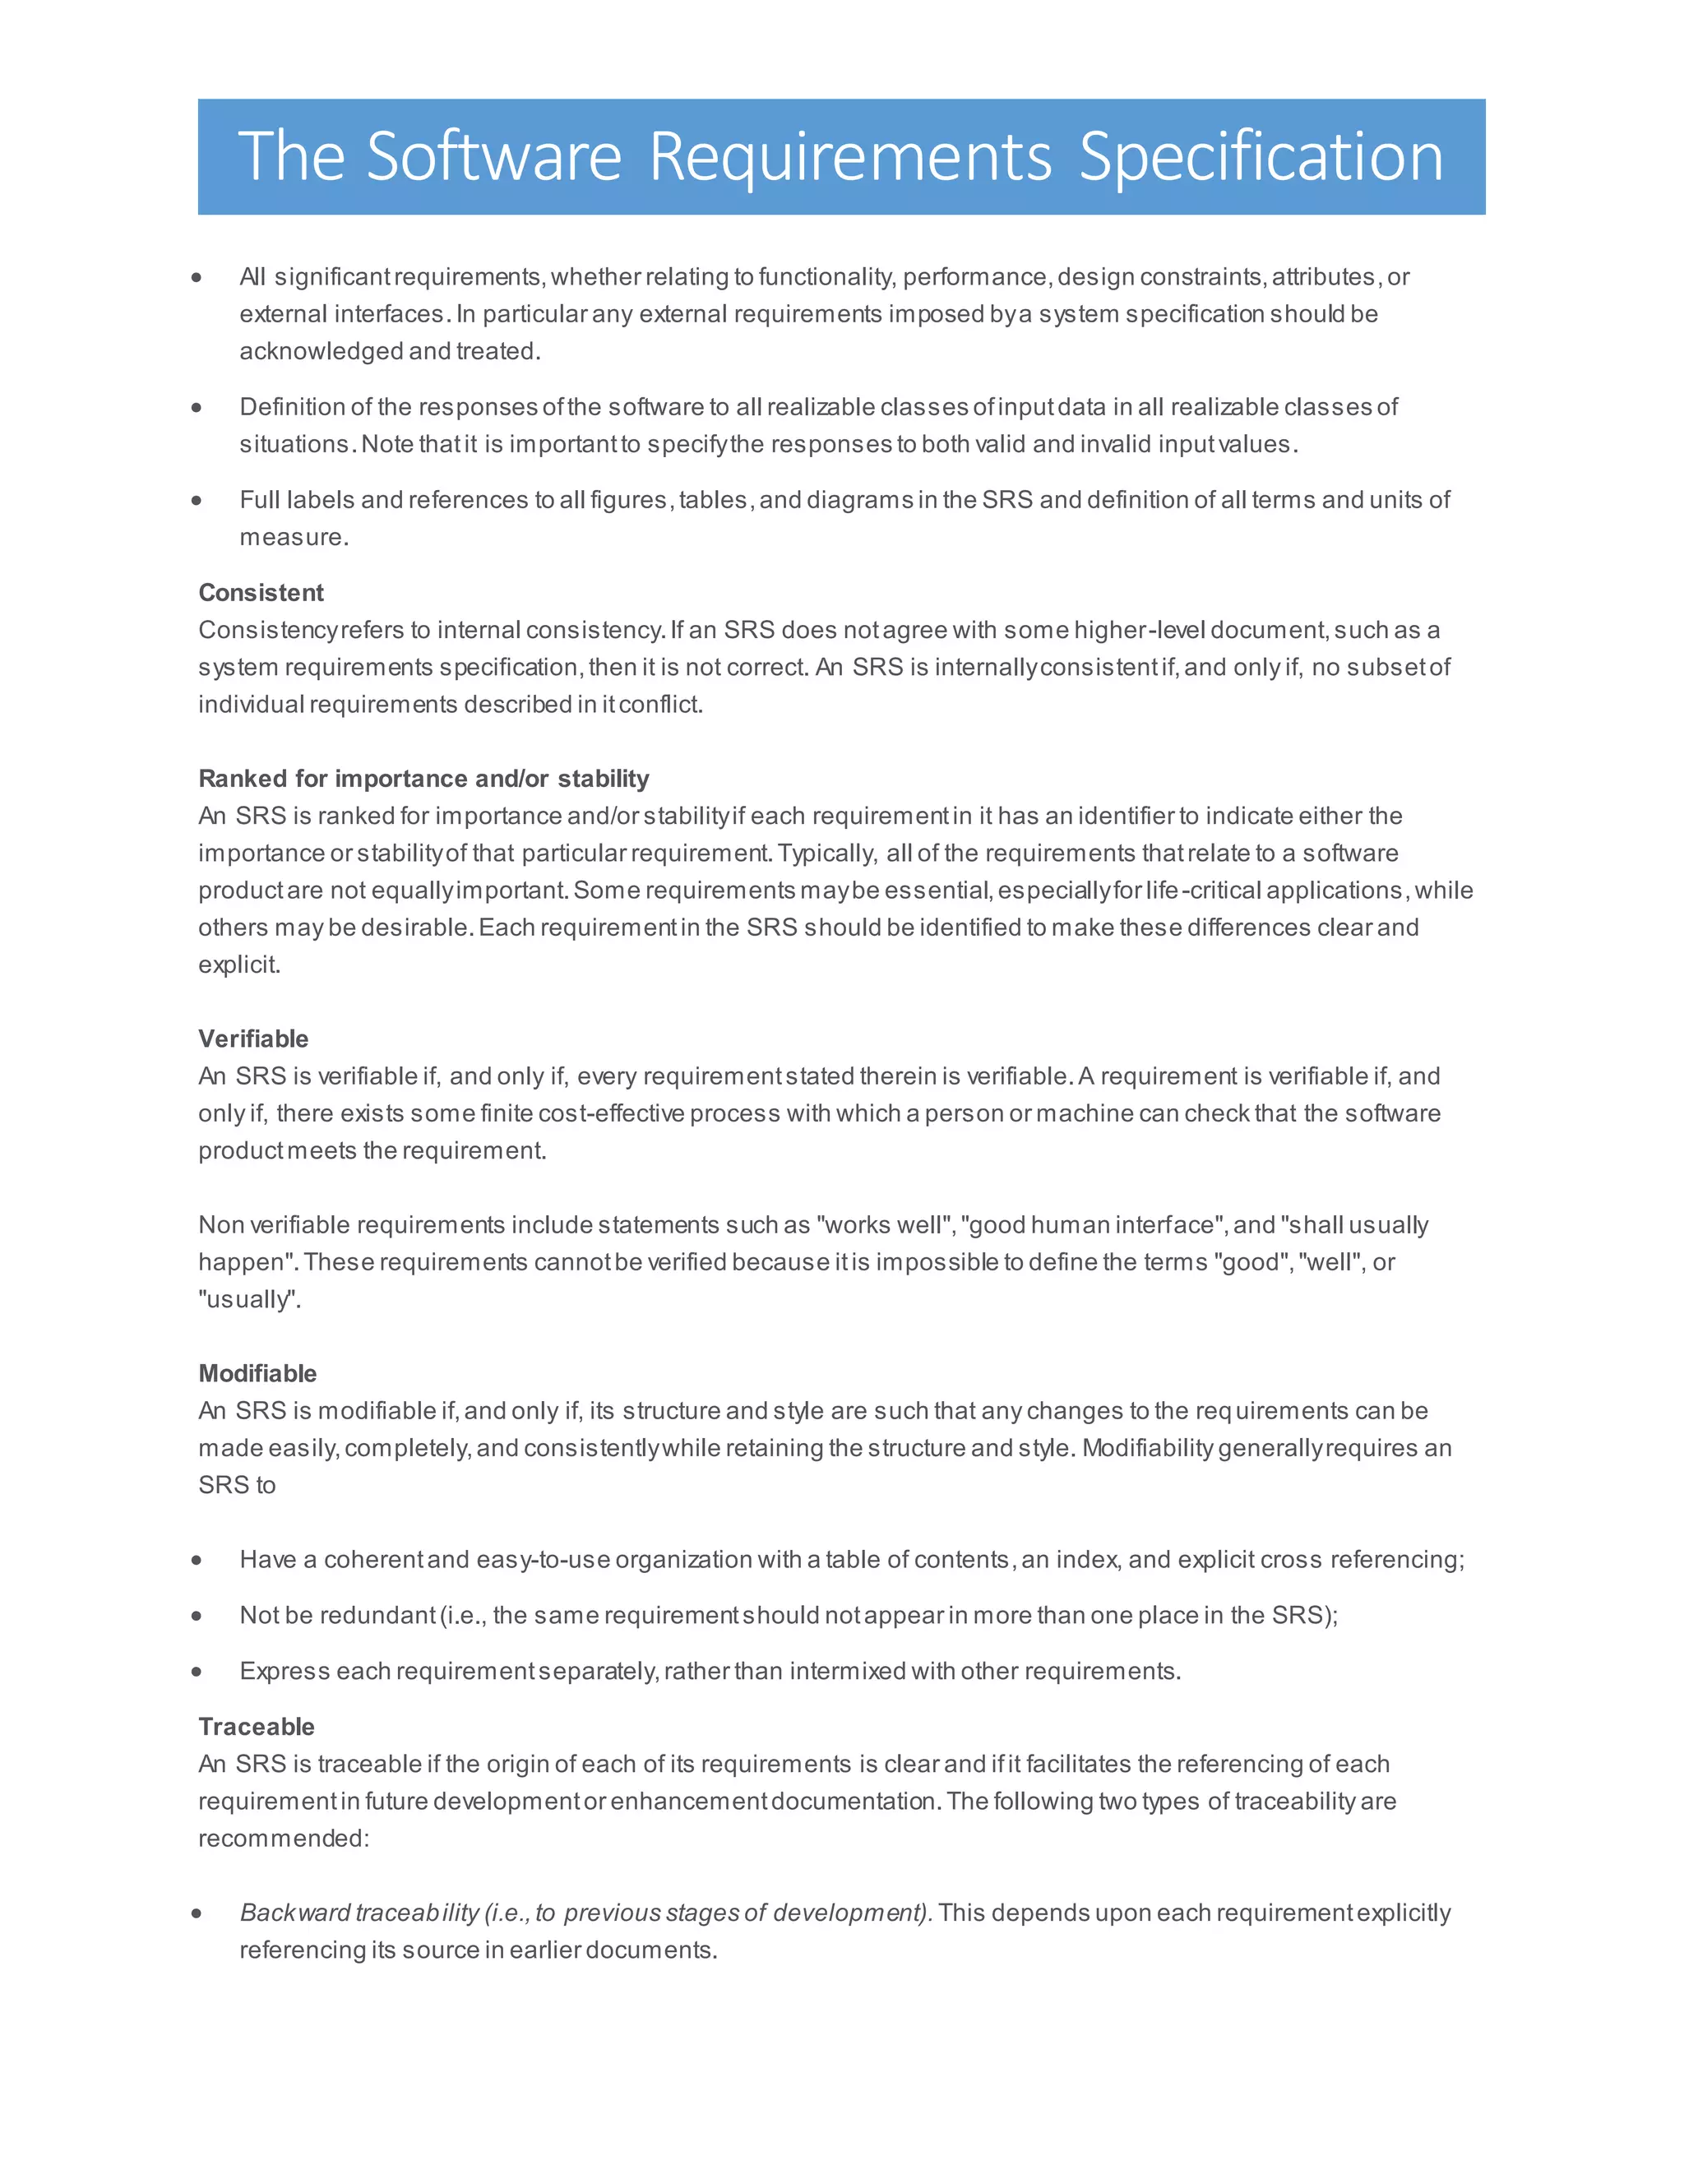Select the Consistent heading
pyautogui.click(x=261, y=593)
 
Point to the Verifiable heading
pyautogui.click(x=253, y=1039)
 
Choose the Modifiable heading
pyautogui.click(x=257, y=1373)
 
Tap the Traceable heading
pyautogui.click(x=257, y=1726)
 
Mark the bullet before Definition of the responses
pyautogui.click(x=197, y=407)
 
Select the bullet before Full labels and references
pyautogui.click(x=197, y=500)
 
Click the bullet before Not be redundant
pyautogui.click(x=197, y=1615)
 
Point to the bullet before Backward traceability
pyautogui.click(x=197, y=1913)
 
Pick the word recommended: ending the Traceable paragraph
pyautogui.click(x=284, y=1838)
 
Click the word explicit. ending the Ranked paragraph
pyautogui.click(x=238, y=965)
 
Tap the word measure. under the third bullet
pyautogui.click(x=294, y=537)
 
